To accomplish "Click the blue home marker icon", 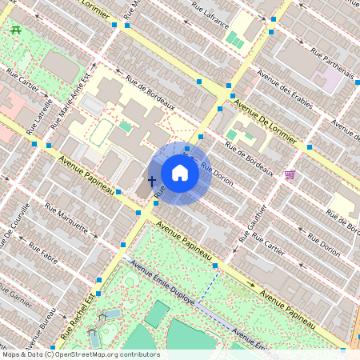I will click(x=180, y=173).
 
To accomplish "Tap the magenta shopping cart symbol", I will click(x=289, y=174).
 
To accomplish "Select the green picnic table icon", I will click(x=16, y=30).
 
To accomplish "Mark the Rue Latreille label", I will click(x=38, y=114).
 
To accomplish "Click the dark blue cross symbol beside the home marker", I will click(x=152, y=181).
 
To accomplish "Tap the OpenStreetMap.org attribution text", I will click(x=111, y=354).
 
